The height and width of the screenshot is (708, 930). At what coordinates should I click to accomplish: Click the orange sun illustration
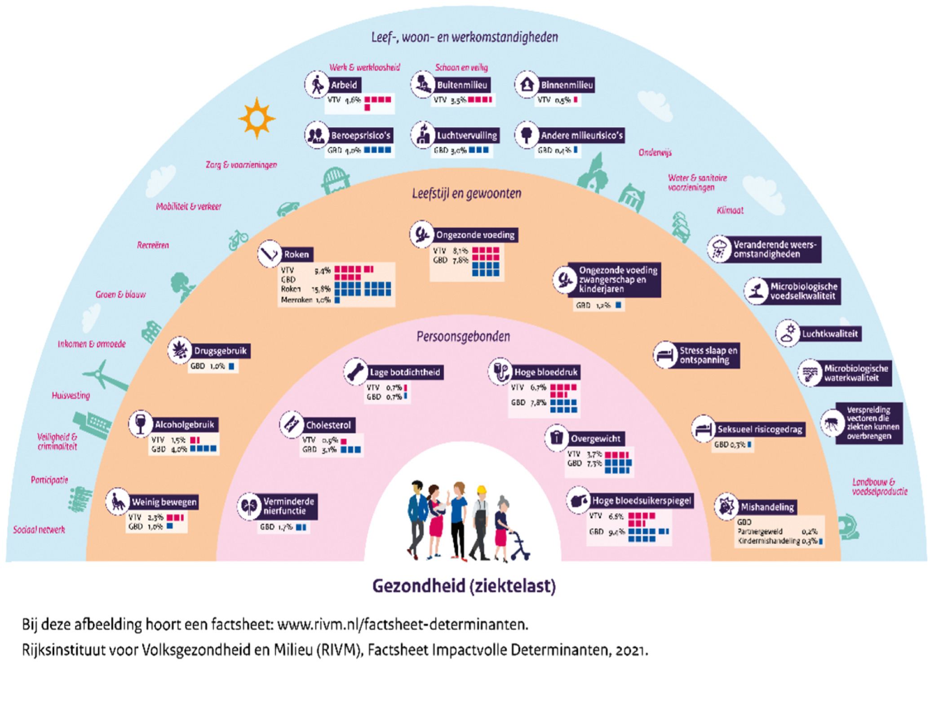pos(257,118)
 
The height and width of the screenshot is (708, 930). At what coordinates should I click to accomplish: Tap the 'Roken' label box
pos(297,254)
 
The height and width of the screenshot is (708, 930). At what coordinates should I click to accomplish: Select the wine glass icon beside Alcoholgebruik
pos(140,423)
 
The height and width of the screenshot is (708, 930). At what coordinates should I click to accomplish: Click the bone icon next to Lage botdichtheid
pos(356,372)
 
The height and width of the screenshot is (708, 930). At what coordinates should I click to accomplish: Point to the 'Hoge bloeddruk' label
pos(545,372)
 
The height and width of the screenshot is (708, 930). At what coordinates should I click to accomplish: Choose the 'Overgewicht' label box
pos(595,438)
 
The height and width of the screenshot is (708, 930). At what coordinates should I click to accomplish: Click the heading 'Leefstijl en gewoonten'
pos(467,194)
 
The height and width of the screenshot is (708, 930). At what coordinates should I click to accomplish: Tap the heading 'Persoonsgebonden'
pos(463,337)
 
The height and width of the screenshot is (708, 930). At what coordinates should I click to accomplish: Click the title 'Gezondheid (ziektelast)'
pos(464,586)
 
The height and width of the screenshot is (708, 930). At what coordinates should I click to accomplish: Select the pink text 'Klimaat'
pos(730,210)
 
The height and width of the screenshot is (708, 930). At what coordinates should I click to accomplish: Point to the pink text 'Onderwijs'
pos(655,153)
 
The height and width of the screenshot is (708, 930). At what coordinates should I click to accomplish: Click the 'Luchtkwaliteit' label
pos(830,334)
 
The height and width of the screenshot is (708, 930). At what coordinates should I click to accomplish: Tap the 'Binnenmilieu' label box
pos(567,85)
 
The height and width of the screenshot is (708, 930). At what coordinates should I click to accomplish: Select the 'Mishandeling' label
pos(767,508)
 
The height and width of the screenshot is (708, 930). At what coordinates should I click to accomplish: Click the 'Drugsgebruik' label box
pos(220,351)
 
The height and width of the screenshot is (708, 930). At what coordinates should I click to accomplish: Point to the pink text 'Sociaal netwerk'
pos(39,530)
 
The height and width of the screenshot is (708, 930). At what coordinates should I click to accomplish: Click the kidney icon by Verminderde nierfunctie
pos(249,507)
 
